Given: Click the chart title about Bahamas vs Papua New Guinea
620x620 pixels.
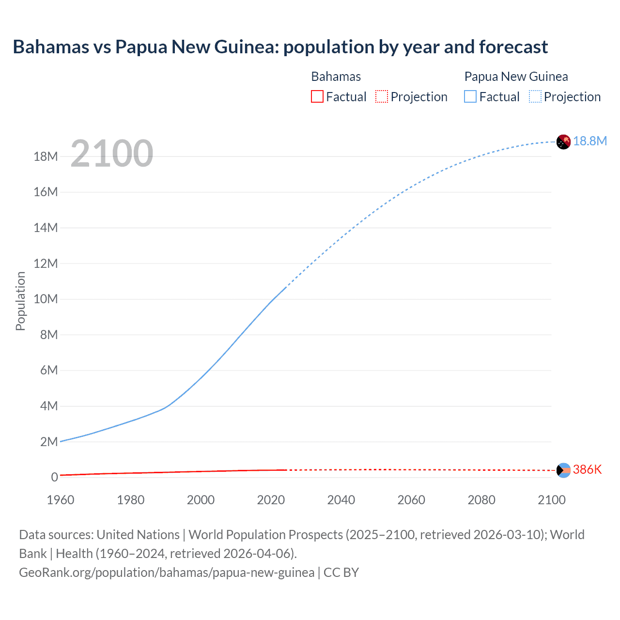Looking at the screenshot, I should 280,47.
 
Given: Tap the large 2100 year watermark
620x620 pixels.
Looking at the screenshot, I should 112,154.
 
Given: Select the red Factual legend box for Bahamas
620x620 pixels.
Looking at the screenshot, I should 317,96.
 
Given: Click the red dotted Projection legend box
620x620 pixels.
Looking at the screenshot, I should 382,96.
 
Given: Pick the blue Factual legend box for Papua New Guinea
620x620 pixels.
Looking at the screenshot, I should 470,96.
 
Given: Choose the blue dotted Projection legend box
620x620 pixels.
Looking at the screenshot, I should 535,96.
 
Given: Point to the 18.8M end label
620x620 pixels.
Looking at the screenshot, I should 589,141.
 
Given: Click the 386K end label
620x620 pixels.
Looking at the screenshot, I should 587,469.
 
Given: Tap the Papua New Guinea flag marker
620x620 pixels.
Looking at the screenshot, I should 563,142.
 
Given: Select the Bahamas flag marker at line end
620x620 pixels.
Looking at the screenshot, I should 563,470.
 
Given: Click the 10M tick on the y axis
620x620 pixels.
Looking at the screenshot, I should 46,299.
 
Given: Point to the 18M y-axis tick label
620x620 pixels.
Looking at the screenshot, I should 46,156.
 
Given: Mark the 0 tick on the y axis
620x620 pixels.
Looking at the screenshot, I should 54,477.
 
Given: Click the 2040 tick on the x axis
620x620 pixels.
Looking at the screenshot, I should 341,500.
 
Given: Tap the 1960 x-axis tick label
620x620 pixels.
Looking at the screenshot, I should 61,500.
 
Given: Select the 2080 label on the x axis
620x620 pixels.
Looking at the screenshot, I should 481,500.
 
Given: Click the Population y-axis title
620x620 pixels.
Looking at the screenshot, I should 20,301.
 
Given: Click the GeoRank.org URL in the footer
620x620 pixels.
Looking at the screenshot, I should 167,573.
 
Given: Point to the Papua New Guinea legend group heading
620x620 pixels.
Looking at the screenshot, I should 516,77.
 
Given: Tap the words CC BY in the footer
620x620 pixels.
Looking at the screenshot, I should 341,573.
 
